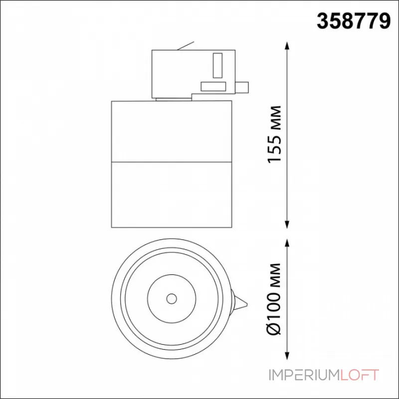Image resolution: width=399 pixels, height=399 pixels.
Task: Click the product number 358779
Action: pyautogui.click(x=354, y=21)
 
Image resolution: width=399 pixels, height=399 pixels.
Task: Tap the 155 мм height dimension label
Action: pyautogui.click(x=275, y=134)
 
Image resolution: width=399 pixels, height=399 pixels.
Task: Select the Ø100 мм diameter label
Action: pyautogui.click(x=274, y=299)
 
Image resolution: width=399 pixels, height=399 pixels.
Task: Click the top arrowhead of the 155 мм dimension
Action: pyautogui.click(x=287, y=46)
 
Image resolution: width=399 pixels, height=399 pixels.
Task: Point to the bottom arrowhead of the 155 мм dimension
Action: pyautogui.click(x=287, y=224)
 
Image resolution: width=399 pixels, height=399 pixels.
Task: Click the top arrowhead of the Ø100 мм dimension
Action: pyautogui.click(x=287, y=243)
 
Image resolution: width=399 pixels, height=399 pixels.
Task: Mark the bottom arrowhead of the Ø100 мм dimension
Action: pyautogui.click(x=287, y=356)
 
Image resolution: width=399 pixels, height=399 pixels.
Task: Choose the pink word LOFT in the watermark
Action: pyautogui.click(x=359, y=375)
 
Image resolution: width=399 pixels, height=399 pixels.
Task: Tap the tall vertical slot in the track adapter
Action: pyautogui.click(x=217, y=65)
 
